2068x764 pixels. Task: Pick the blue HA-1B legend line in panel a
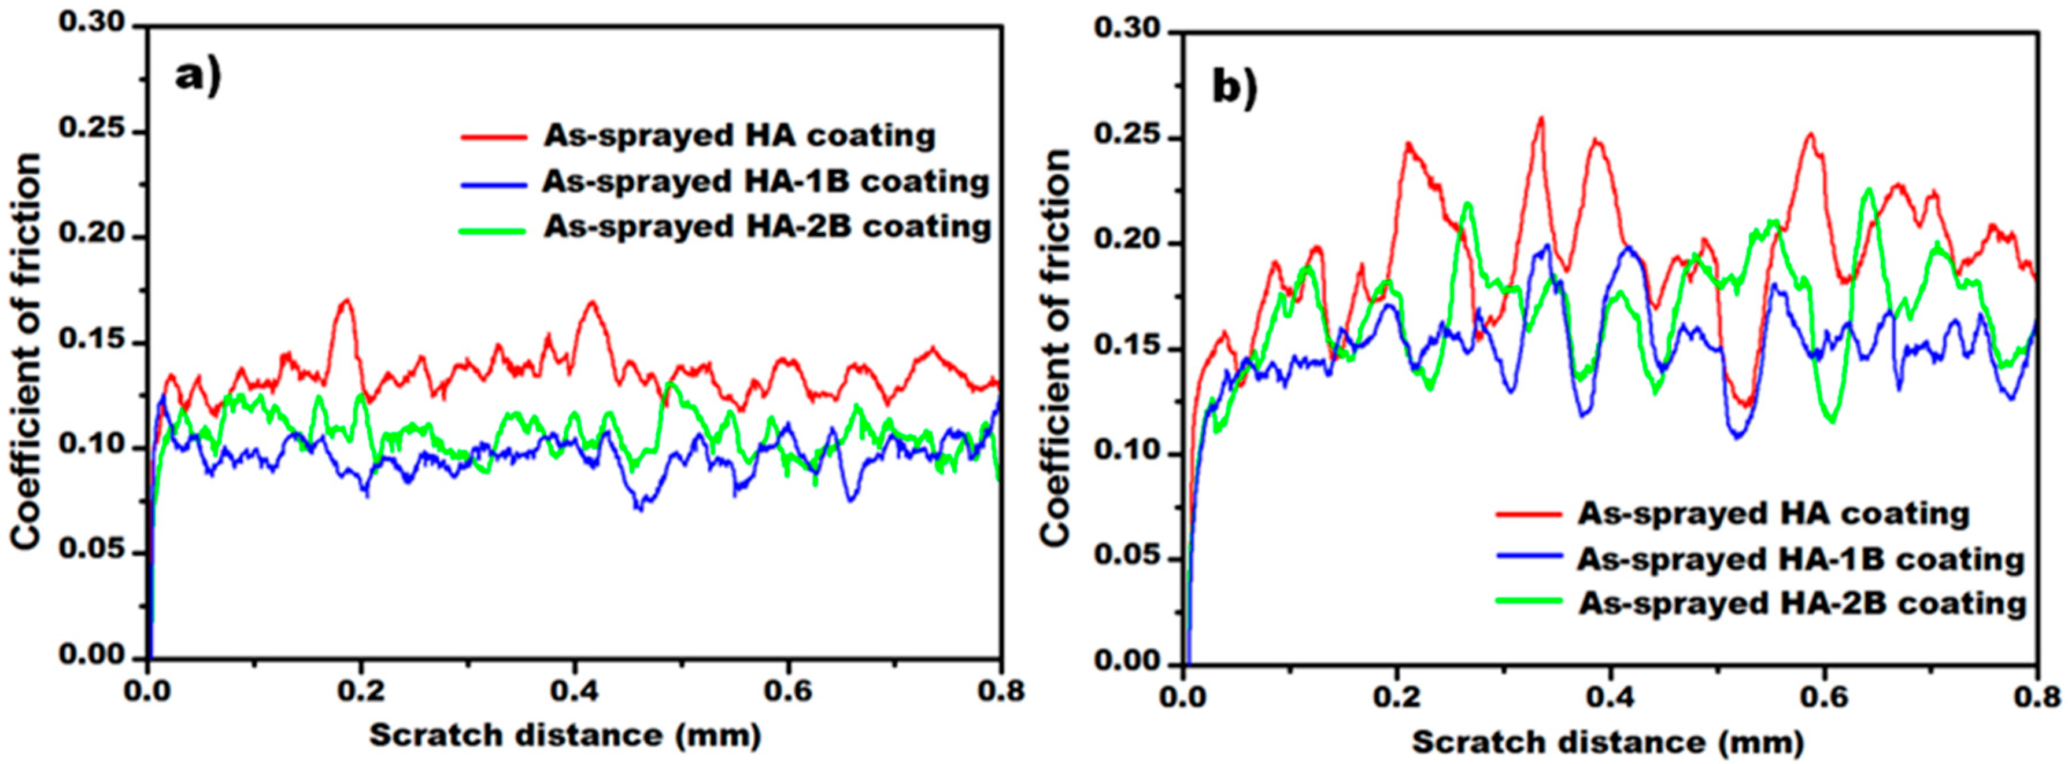(x=494, y=183)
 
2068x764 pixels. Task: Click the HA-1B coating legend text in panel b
(x=1800, y=559)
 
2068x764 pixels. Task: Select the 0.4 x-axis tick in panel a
(x=573, y=691)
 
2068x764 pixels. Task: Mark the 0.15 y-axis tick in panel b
(x=1127, y=348)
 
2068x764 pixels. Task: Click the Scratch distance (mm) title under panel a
(x=564, y=735)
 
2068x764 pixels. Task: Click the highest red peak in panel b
(x=1540, y=119)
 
